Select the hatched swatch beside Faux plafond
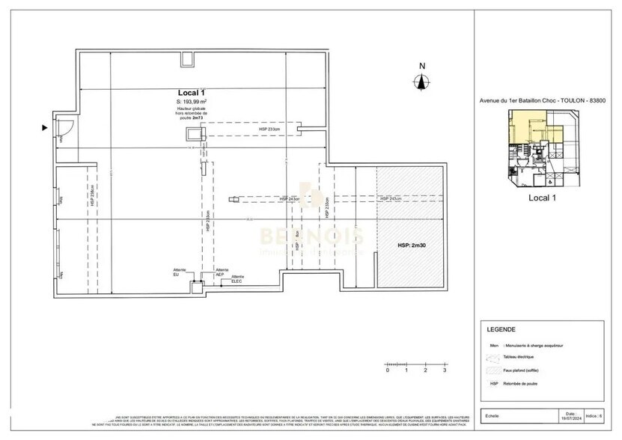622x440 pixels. click(x=494, y=370)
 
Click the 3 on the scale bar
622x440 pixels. click(x=445, y=370)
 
